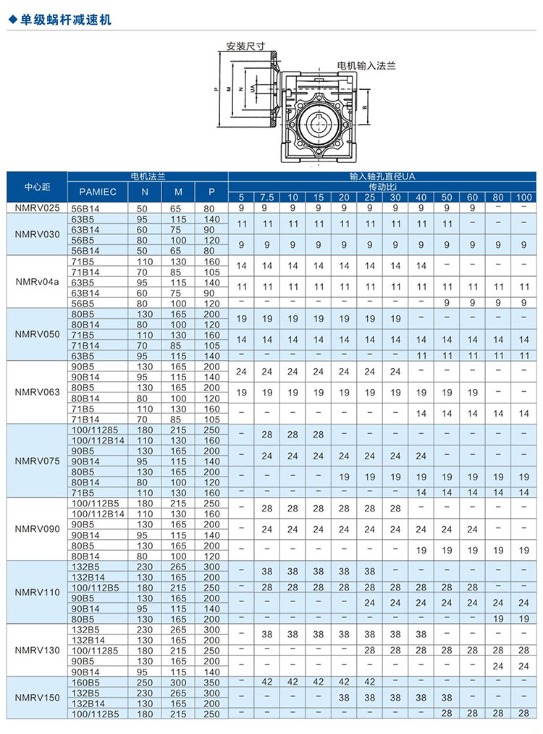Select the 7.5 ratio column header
pos(267,197)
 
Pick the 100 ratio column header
pos(523,197)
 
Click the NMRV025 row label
pos(37,208)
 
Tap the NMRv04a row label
pos(37,282)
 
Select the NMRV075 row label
pos(37,462)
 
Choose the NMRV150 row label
pos(37,698)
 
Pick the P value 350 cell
pos(211,683)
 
